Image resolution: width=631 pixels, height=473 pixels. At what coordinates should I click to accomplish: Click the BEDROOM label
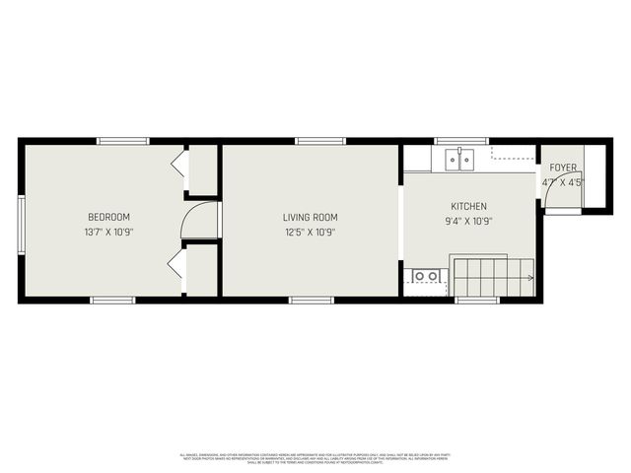108,217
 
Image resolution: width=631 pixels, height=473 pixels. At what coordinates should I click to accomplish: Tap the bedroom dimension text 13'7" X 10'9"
108,233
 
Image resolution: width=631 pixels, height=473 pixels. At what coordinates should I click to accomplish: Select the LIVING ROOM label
310,218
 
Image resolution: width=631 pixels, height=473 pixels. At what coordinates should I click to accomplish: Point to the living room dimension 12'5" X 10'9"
310,233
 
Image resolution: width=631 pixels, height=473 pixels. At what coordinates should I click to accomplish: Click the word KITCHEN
468,206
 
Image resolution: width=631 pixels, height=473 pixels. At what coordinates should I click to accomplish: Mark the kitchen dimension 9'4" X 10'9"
468,221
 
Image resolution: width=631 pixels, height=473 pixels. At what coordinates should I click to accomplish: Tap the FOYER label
563,168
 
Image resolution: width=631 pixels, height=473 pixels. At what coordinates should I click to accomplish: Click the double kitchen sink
458,157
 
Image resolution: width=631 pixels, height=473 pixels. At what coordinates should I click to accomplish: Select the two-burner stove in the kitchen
425,277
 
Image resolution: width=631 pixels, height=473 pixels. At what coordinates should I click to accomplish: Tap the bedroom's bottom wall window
112,300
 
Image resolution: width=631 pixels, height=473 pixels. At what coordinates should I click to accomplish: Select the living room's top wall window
314,141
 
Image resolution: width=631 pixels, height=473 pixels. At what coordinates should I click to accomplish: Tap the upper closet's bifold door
178,164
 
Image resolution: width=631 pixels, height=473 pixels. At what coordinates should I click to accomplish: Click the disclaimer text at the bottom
315,458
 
